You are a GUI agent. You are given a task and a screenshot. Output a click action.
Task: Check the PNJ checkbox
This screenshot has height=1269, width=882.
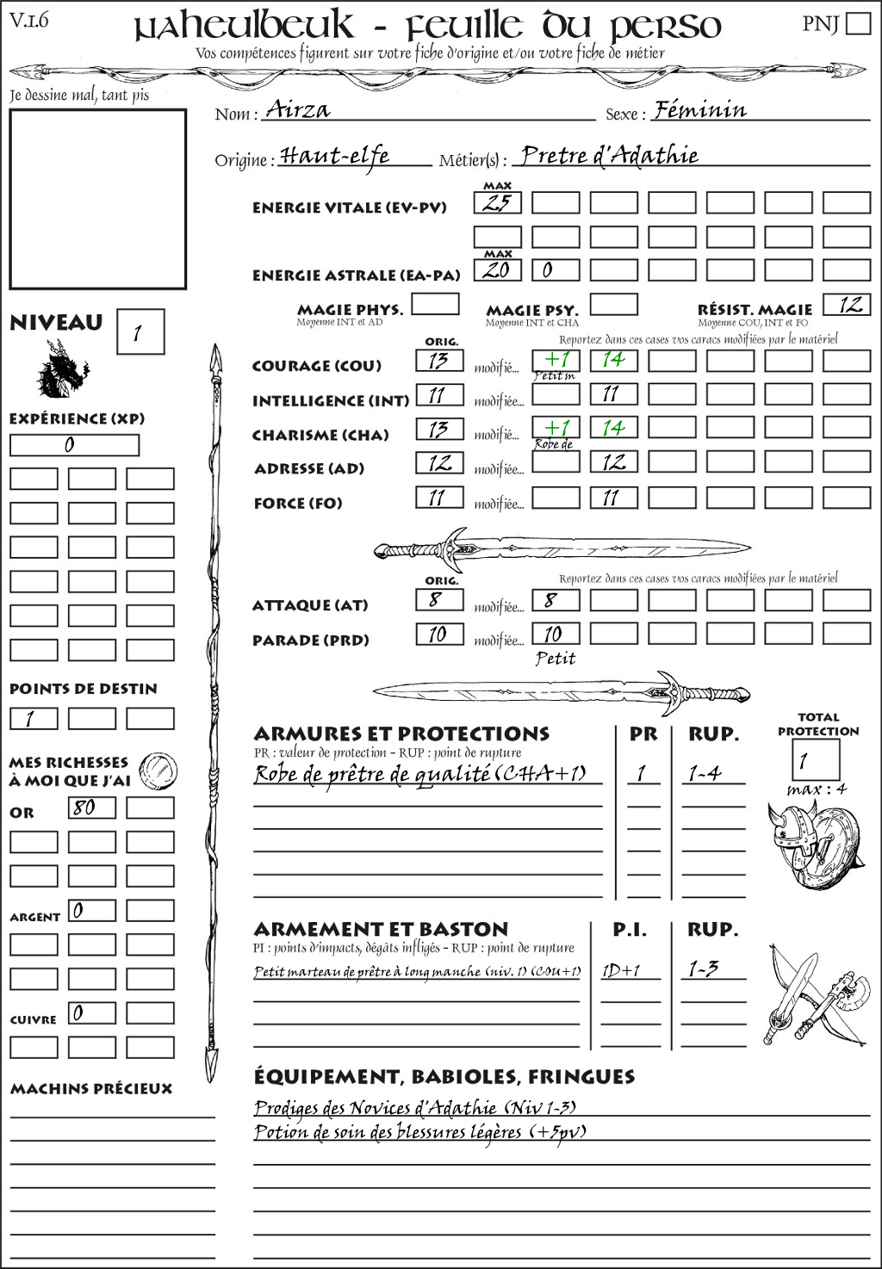(858, 23)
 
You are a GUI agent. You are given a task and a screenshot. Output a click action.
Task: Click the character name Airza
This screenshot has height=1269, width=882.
(298, 108)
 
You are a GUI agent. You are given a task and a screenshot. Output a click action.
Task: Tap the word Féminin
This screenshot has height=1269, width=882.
(699, 109)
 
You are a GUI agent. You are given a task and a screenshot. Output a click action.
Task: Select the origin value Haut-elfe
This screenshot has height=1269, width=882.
(335, 155)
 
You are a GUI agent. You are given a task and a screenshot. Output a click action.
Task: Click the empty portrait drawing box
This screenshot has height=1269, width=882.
(97, 199)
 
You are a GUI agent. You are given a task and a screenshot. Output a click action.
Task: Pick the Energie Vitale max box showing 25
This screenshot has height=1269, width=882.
(498, 203)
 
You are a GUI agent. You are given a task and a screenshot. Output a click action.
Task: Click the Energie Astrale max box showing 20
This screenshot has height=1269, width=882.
(498, 269)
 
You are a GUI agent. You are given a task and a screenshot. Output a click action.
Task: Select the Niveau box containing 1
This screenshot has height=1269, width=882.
(140, 332)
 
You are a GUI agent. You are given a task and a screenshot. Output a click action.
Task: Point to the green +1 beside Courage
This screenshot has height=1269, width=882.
(556, 359)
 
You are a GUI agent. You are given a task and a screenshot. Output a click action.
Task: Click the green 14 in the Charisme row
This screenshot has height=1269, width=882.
(613, 428)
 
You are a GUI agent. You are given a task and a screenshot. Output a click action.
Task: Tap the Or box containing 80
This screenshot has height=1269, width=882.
(92, 808)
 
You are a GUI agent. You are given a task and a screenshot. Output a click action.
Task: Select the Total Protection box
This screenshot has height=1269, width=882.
(815, 760)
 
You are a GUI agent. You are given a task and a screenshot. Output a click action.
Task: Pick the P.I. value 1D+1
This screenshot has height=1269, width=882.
(620, 970)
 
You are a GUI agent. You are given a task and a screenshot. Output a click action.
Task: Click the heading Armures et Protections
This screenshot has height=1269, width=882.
(401, 734)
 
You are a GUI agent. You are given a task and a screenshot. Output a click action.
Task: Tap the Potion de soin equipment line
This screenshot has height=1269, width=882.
(419, 1131)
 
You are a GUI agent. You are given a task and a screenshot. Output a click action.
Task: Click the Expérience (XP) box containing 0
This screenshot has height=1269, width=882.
(74, 445)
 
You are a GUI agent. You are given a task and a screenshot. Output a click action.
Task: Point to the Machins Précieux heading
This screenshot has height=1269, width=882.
(91, 1088)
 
